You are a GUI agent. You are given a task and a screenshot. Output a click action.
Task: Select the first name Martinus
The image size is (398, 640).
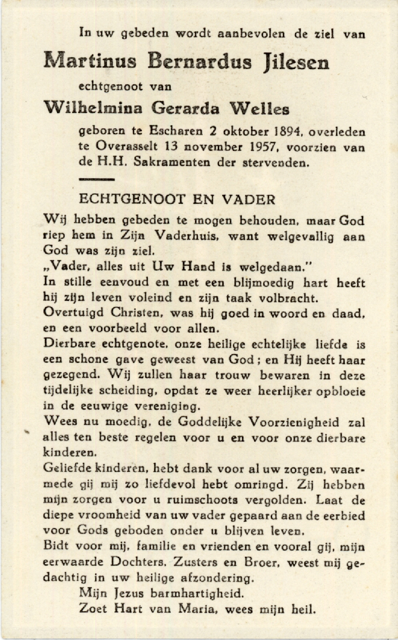coord(90,61)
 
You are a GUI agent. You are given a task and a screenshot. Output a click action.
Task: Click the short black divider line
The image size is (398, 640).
coord(97,179)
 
